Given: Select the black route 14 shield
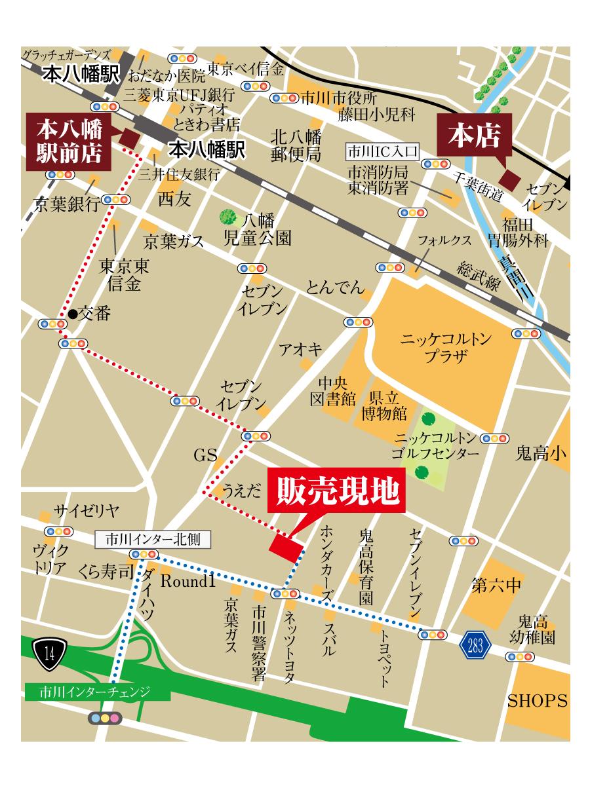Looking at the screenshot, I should pos(49,651).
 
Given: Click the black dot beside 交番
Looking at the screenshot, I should pos(73,314).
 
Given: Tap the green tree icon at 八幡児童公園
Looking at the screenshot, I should pos(228,215).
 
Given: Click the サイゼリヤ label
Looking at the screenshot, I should pos(86,512).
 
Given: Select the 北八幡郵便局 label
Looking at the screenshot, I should pos(296,146).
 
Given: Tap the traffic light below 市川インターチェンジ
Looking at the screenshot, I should pos(105,719).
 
